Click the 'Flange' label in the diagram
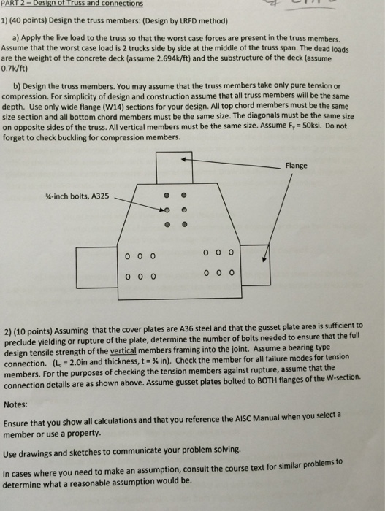297,166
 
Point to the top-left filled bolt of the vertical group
167,196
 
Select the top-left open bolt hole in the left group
127,256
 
